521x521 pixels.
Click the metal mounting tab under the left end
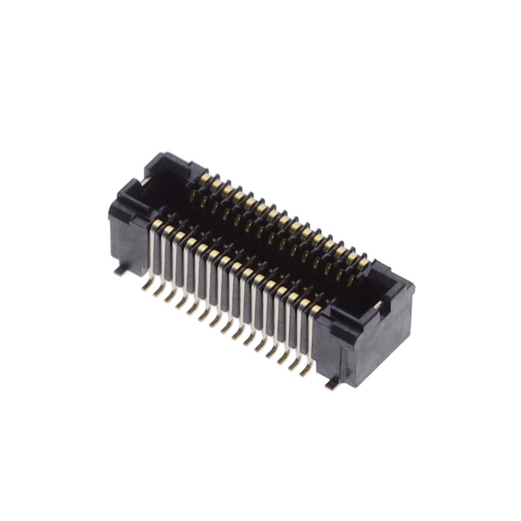click(x=119, y=270)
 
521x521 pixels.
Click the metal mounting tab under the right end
click(x=332, y=385)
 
